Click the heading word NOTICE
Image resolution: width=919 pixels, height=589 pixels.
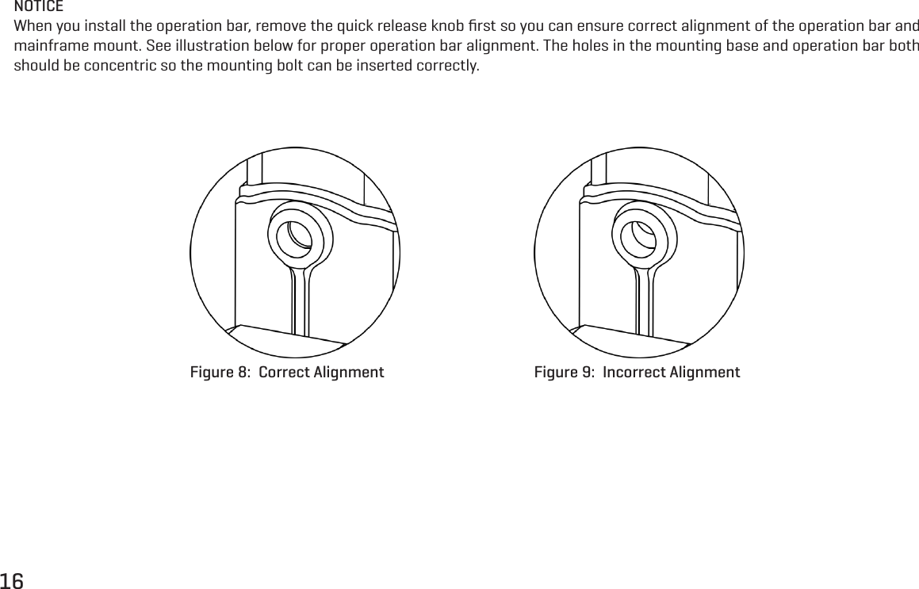tap(40, 6)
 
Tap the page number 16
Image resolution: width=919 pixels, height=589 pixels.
tap(13, 579)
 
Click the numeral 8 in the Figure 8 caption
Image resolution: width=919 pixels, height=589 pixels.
tap(243, 373)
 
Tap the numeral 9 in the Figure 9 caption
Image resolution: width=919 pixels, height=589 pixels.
tap(587, 373)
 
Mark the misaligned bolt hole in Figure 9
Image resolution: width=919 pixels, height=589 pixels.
tap(641, 235)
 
